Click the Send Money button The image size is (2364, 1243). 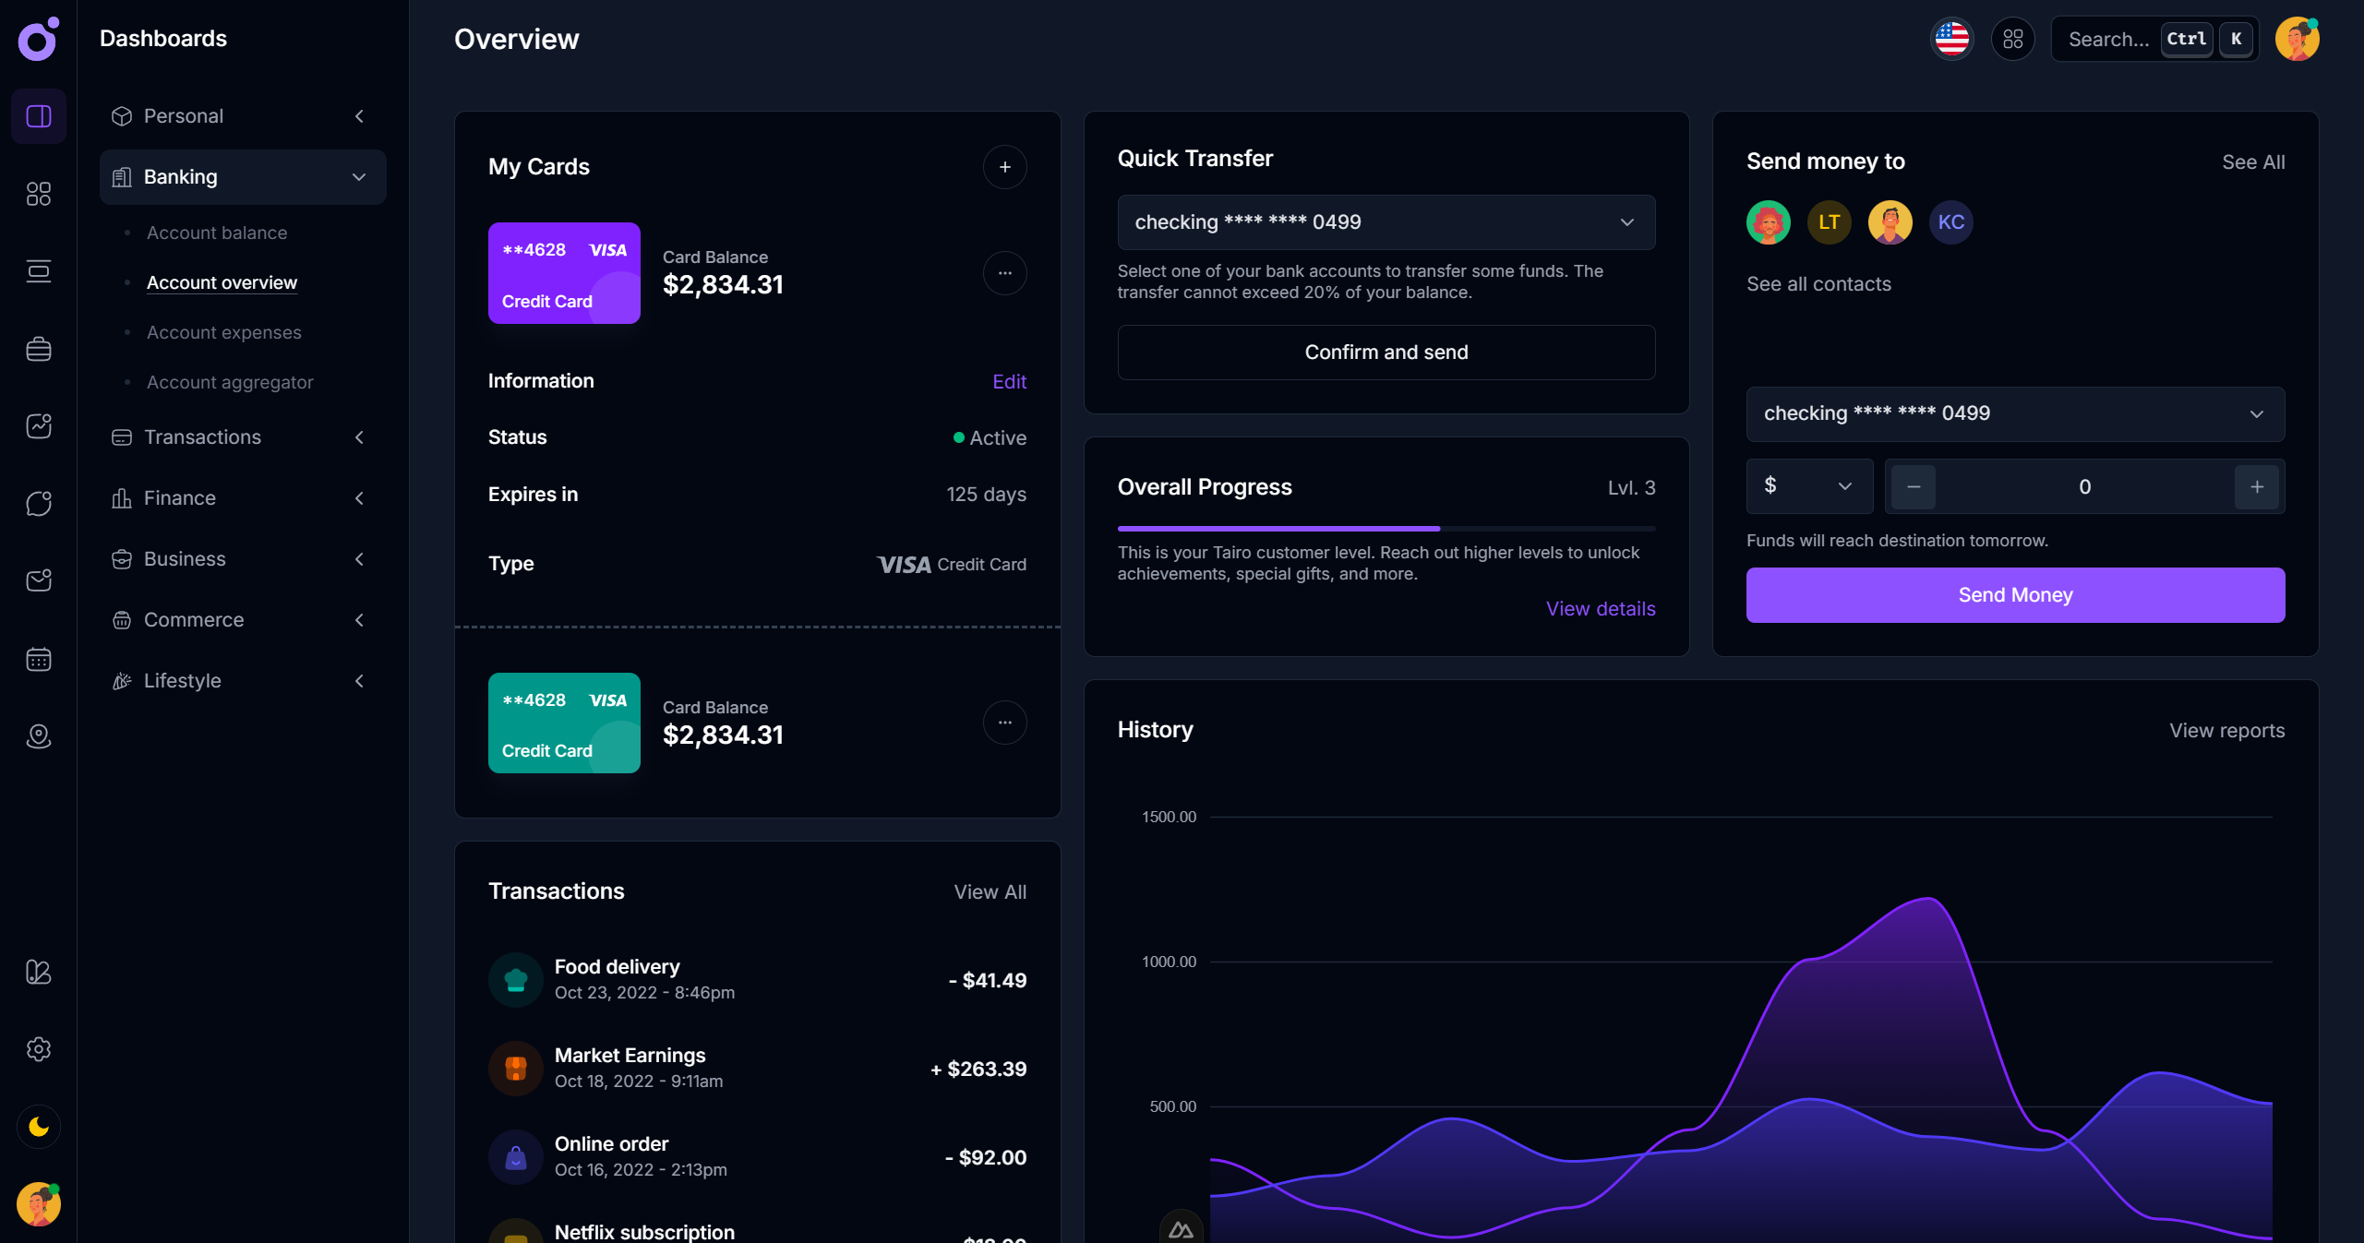(x=2014, y=595)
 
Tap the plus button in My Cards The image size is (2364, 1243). (x=1004, y=167)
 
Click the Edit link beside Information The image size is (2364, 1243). (x=1008, y=382)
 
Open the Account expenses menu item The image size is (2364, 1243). (x=223, y=332)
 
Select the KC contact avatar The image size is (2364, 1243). (x=1950, y=222)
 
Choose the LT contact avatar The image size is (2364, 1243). (x=1828, y=222)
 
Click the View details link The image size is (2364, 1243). (x=1600, y=609)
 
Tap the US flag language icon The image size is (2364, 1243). (x=1951, y=40)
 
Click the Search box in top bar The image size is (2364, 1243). (x=2108, y=40)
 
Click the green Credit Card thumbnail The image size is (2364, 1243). (x=563, y=723)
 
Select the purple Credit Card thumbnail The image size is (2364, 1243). (x=563, y=273)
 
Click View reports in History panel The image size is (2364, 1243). (x=2226, y=731)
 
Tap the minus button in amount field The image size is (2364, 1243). (x=1913, y=487)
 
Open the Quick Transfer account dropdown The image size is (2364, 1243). (x=1385, y=222)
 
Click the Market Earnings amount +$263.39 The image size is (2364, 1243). (x=978, y=1069)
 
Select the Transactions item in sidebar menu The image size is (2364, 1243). (x=202, y=437)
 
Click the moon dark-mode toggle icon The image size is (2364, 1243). (x=39, y=1127)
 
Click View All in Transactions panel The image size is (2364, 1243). (x=989, y=892)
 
